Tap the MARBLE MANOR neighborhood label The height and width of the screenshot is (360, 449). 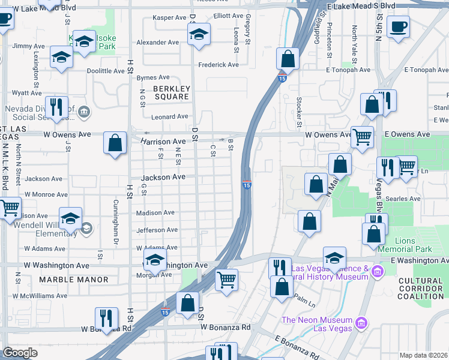[x=74, y=280]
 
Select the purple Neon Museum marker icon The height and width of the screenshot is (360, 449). [x=361, y=324]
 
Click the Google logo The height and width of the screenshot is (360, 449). [x=20, y=353]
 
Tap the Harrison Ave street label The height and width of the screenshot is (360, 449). [x=163, y=142]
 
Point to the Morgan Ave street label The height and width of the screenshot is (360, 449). [x=157, y=275]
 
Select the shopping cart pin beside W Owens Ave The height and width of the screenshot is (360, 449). [x=361, y=137]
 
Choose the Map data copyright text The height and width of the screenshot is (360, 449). [x=424, y=355]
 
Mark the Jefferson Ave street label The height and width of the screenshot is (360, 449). [x=157, y=230]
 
